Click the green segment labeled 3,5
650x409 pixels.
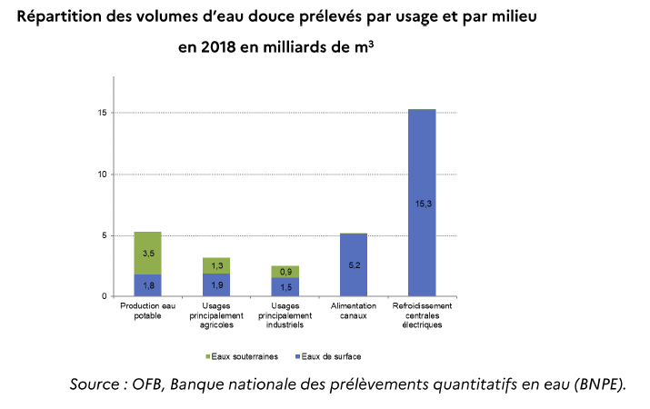click(147, 253)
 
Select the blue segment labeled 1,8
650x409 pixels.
click(147, 285)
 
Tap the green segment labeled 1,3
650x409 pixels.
click(216, 265)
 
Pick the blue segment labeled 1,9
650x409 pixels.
click(216, 285)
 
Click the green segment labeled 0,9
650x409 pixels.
click(285, 272)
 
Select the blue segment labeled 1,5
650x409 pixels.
click(285, 287)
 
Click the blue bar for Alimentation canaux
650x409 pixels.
click(353, 265)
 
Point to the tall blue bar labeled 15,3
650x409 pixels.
click(422, 204)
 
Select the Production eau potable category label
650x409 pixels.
click(147, 312)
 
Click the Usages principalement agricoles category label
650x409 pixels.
click(216, 315)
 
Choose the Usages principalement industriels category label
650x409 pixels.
click(285, 315)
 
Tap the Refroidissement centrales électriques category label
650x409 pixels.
click(422, 315)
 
